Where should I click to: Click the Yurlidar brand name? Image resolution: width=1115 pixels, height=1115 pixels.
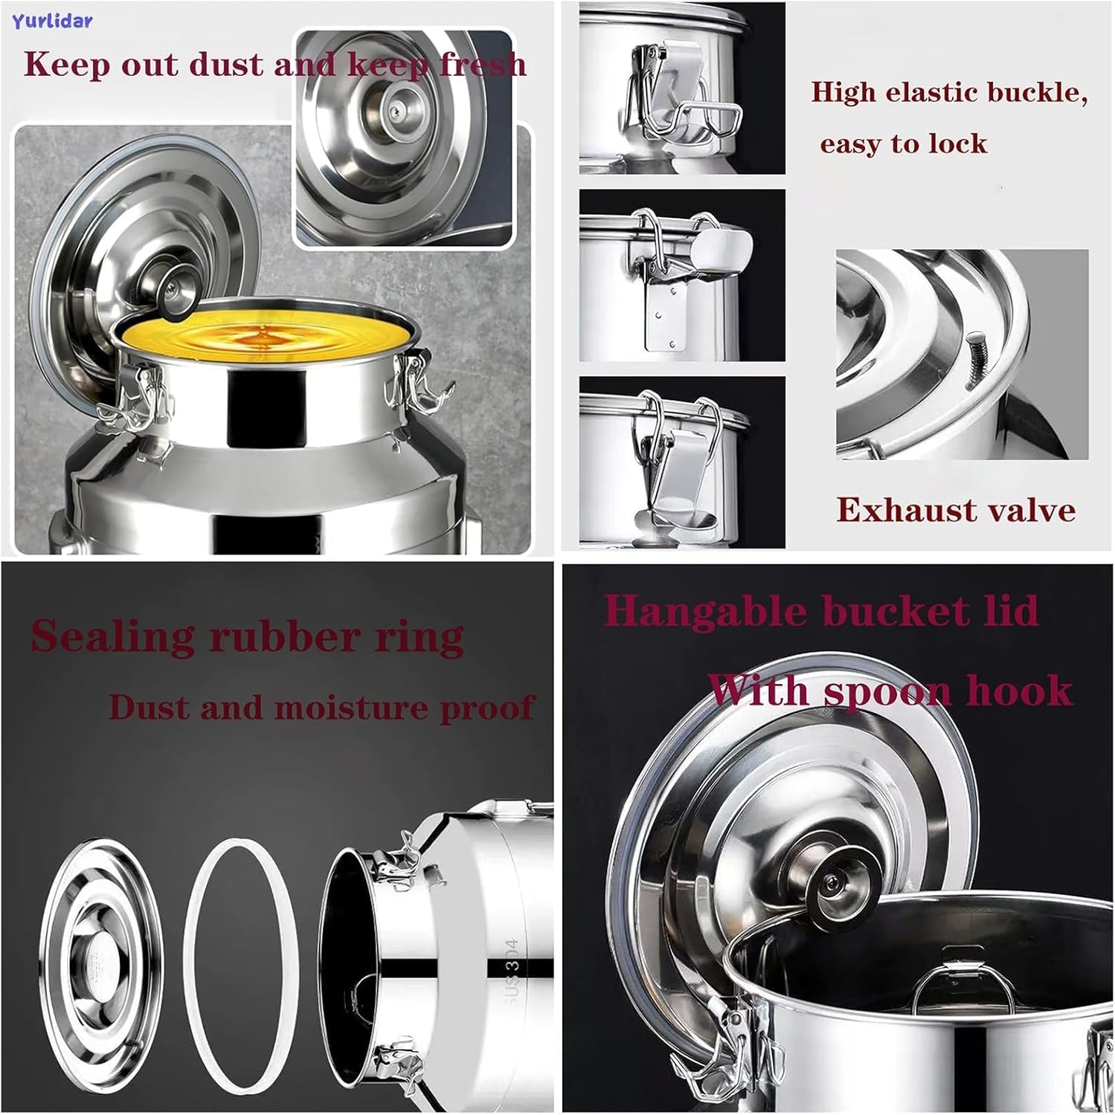pos(52,21)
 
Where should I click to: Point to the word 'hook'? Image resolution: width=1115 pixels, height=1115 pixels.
pos(1019,690)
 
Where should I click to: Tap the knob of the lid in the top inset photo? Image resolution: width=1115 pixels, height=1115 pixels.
pos(392,109)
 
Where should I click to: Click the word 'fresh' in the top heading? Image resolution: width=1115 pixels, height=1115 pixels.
pos(483,64)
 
